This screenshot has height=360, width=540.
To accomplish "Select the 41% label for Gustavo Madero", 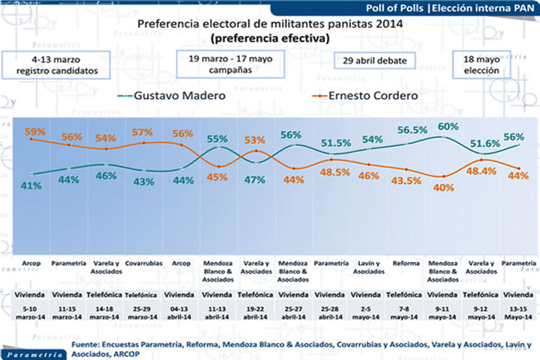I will pyautogui.click(x=31, y=186).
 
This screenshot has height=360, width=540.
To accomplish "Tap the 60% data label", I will pyautogui.click(x=448, y=127).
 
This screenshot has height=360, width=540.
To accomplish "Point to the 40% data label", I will pyautogui.click(x=443, y=187).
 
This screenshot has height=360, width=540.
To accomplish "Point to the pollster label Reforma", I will pyautogui.click(x=405, y=264).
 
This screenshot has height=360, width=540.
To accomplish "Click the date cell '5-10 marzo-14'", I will pyautogui.click(x=30, y=310).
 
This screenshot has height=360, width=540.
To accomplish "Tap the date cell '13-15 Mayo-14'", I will pyautogui.click(x=518, y=310).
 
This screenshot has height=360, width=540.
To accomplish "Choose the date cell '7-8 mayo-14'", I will pyautogui.click(x=405, y=310).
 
